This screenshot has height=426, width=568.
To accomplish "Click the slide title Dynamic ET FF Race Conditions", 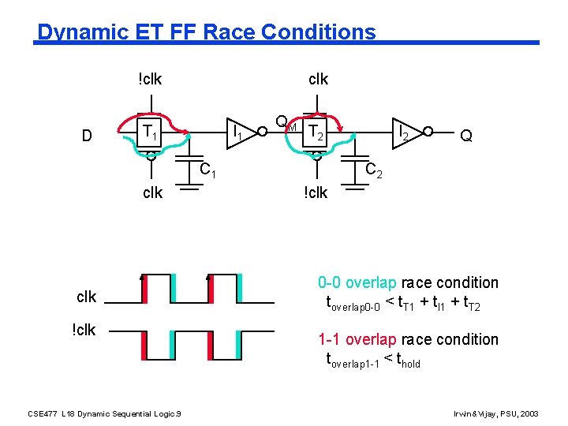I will (207, 32).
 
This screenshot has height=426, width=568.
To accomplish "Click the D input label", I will (88, 136).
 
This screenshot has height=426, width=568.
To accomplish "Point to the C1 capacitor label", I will (207, 169).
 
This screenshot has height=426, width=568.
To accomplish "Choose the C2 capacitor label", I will (373, 169).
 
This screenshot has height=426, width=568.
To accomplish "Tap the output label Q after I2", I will (466, 136).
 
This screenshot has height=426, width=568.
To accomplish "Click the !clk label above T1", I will (149, 79).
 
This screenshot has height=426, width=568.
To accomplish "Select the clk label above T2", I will (318, 79).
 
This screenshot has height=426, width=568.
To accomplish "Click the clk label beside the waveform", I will (86, 297).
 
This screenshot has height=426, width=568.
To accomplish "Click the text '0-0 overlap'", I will (358, 282).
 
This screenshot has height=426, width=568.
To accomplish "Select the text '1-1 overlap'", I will (358, 339).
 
